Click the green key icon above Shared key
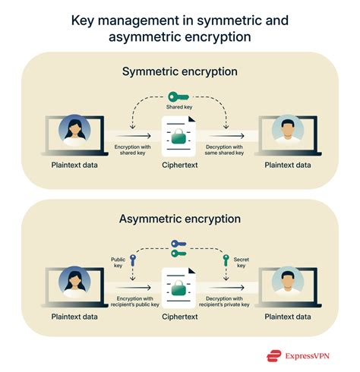180,96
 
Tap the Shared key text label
180,108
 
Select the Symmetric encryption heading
180,71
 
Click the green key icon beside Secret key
224,260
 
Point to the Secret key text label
241,260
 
